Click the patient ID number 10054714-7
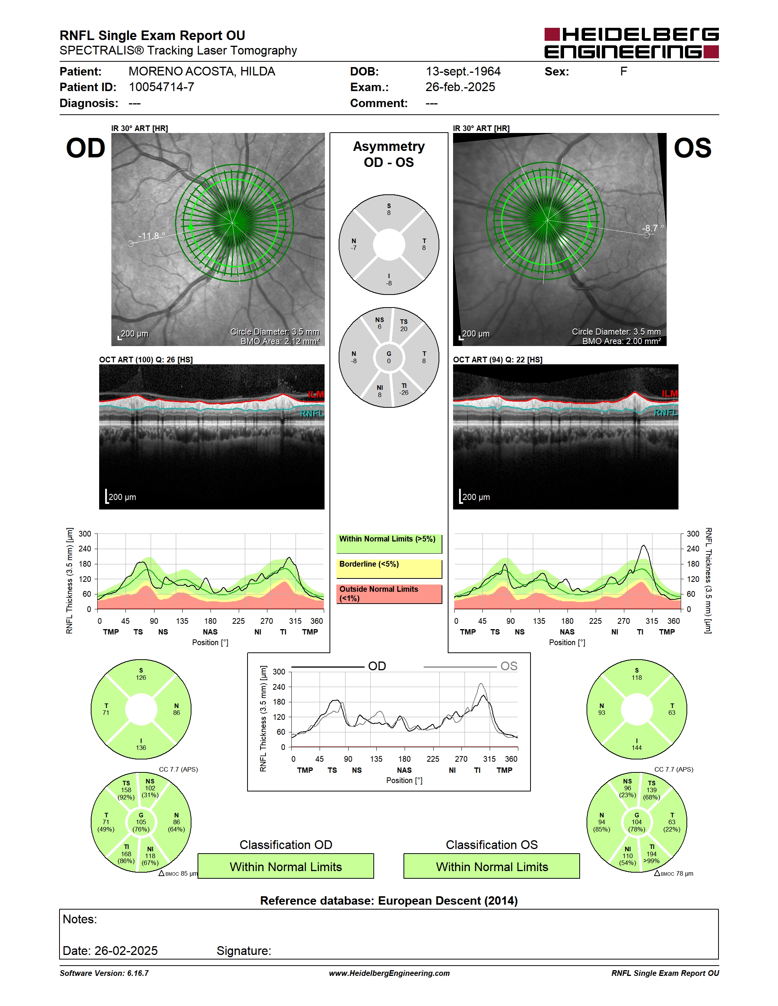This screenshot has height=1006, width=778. [161, 87]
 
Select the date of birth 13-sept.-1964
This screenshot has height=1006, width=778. [463, 71]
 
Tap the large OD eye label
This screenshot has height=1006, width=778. [86, 148]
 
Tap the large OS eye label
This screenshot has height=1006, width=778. [692, 148]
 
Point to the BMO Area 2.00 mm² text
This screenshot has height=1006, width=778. [621, 341]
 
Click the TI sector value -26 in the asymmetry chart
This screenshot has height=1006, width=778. [404, 392]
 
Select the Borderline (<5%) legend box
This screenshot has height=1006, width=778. [389, 569]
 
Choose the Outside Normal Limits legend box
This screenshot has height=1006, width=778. [389, 594]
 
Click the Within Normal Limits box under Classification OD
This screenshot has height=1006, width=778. [286, 866]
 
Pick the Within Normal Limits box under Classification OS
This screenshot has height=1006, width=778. [492, 866]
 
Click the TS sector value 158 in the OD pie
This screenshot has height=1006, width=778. [126, 790]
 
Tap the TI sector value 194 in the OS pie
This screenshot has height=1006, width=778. [651, 854]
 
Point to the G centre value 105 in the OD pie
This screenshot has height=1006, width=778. [141, 822]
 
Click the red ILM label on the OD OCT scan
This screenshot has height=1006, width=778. [316, 394]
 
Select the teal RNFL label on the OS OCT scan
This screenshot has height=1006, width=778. [666, 412]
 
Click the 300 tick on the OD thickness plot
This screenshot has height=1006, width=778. [85, 534]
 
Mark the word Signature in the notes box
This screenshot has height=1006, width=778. [244, 951]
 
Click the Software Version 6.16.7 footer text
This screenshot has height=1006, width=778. [104, 973]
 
